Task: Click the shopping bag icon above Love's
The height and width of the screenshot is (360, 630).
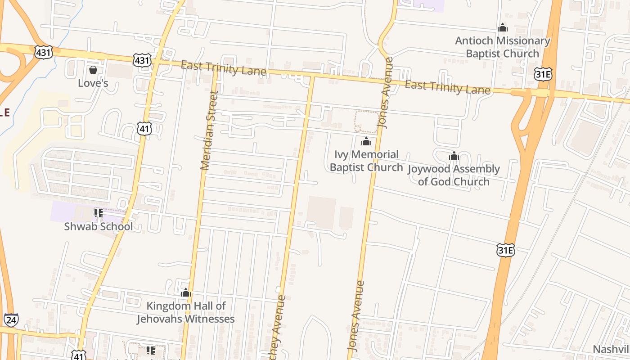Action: point(93,70)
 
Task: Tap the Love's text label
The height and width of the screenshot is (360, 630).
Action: point(93,83)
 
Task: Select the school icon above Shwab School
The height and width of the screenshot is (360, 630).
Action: point(99,213)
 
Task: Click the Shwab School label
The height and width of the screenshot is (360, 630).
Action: point(99,226)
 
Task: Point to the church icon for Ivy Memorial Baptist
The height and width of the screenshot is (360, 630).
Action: point(366,142)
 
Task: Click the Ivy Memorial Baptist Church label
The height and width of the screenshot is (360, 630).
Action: point(366,161)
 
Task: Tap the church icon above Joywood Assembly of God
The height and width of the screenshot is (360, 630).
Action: point(454,156)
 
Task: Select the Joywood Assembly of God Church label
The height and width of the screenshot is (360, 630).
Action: point(454,175)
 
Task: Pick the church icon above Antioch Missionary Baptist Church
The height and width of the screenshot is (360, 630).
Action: point(503,27)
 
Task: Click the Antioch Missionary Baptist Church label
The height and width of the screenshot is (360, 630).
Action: point(503,47)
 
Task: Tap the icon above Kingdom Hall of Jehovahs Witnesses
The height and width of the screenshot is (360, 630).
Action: point(186,293)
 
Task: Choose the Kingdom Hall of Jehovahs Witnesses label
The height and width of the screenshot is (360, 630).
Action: point(186,312)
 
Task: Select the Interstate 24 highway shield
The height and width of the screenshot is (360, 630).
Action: point(11,320)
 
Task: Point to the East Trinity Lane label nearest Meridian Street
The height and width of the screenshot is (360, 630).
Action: point(223,68)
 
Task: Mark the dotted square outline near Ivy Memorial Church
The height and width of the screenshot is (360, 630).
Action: point(366,121)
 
